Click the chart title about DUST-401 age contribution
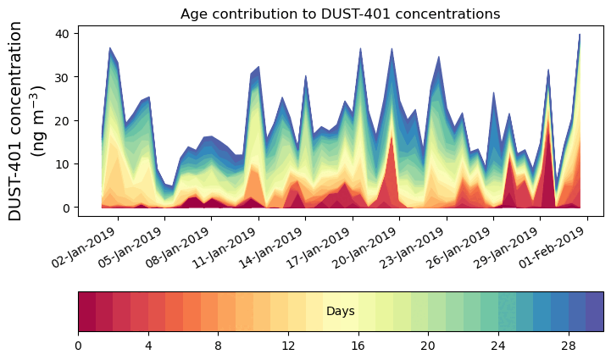click(340, 14)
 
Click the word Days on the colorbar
click(340, 312)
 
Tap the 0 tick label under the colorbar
click(78, 346)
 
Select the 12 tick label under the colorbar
click(288, 346)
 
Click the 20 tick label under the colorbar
click(428, 346)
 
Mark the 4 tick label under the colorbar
click(148, 346)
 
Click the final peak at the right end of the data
click(580, 36)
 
